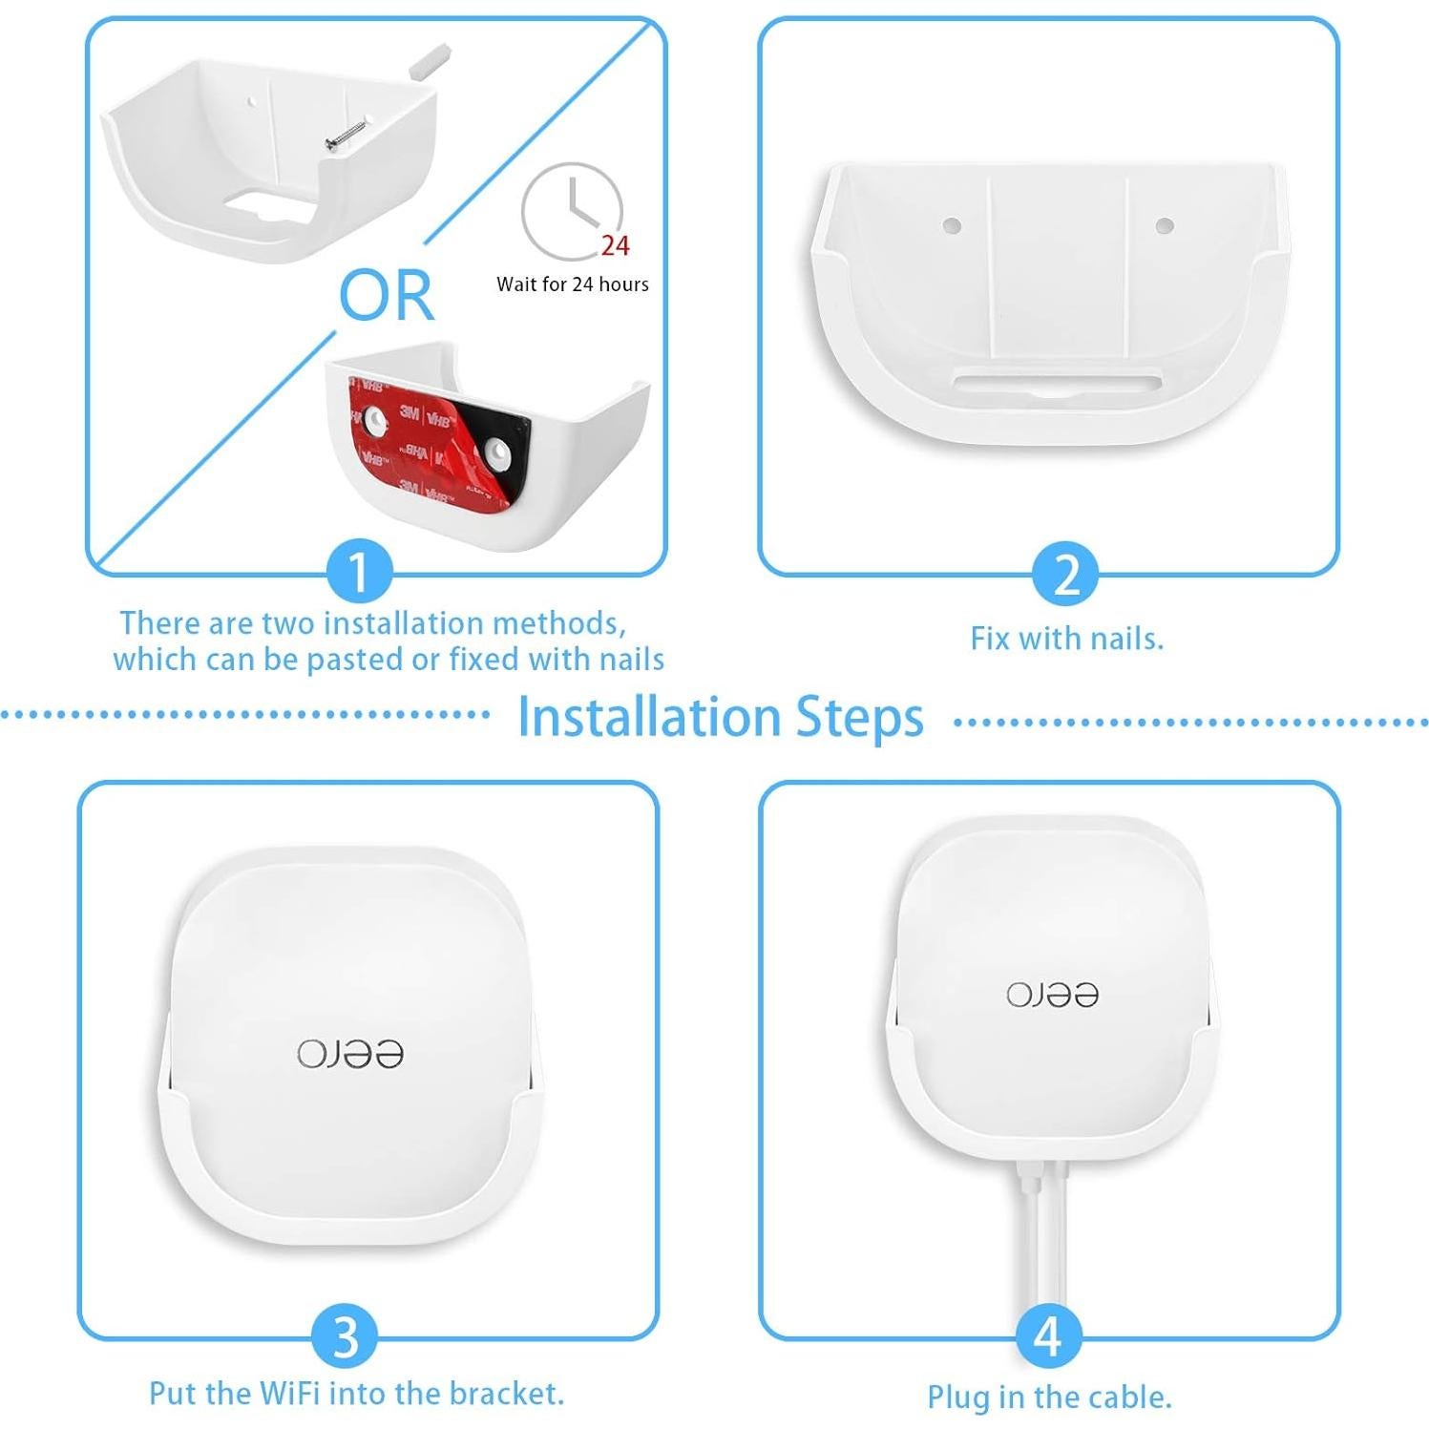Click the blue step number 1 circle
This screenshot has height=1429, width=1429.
click(359, 573)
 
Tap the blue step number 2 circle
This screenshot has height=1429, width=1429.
click(1066, 575)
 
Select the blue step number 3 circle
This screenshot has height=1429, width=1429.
click(347, 1336)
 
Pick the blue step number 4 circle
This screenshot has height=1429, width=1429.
click(1048, 1336)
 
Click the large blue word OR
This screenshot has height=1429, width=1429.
click(387, 296)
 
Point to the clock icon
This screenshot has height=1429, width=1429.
click(571, 211)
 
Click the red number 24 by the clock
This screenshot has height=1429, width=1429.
click(615, 246)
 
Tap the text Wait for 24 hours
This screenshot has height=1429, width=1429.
click(572, 284)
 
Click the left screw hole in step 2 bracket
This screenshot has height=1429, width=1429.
click(952, 226)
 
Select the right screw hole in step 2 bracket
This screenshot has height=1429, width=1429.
click(1164, 226)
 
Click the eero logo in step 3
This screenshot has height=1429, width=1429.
click(350, 1054)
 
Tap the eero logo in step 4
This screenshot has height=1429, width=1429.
click(1052, 995)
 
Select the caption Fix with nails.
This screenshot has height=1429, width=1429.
click(1066, 639)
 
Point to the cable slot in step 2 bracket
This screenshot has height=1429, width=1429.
click(1057, 383)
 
